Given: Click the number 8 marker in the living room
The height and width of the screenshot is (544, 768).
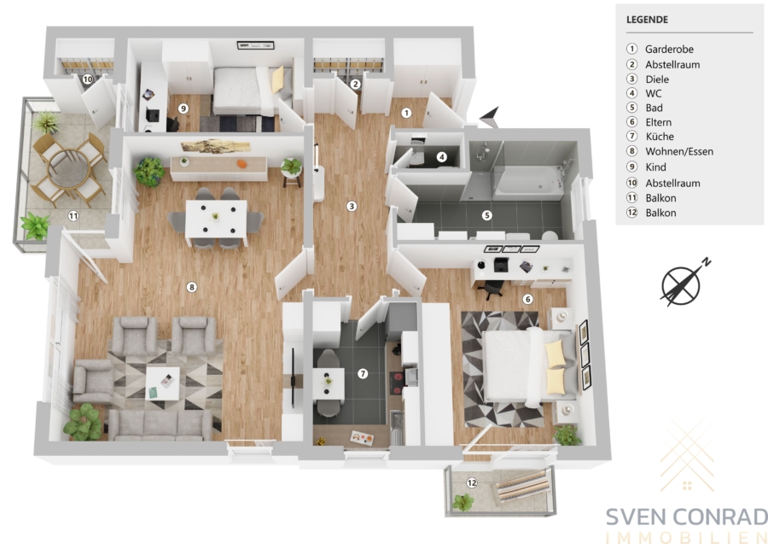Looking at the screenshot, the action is coord(191,287).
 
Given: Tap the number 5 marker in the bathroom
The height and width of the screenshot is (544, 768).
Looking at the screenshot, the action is coord(486,215).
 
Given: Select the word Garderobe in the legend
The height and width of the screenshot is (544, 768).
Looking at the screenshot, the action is coord(669,49).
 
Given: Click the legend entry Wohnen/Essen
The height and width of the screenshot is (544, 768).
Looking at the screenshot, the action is coord(679,151).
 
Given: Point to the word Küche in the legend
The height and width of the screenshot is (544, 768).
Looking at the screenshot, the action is coord(660,137).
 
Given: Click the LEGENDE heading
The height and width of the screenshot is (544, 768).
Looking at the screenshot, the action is coord(647,20).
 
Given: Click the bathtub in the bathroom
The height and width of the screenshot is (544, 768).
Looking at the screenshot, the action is coord(529,182).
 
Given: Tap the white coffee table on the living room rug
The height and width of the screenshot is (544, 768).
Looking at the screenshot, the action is coord(163,383).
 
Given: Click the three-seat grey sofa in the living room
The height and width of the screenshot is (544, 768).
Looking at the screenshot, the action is coord(160,425).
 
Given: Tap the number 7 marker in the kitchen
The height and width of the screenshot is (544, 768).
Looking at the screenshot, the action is coord(363,374).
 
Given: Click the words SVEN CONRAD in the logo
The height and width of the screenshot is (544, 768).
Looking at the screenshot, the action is coord(687,518).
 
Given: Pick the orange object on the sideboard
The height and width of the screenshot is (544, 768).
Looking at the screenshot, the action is coord(241,164).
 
